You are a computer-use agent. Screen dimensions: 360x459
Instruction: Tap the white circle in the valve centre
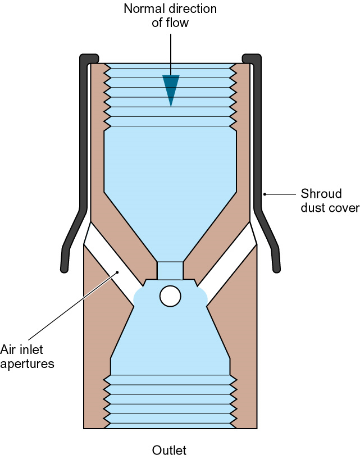(170, 296)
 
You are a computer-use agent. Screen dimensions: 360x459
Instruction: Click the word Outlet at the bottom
(169, 450)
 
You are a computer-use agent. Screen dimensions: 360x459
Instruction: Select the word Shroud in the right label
(321, 194)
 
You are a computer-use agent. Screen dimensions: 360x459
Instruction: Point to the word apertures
(27, 365)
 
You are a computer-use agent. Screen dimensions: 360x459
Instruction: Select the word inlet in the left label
(30, 349)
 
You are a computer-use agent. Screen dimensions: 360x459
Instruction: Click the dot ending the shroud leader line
(265, 194)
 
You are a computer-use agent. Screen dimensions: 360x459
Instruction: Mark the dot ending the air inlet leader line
(117, 272)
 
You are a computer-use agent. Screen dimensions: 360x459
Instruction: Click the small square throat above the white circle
(170, 270)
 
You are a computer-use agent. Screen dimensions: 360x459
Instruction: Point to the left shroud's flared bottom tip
(65, 270)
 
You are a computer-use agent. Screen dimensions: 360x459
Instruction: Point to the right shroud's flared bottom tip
(276, 270)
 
